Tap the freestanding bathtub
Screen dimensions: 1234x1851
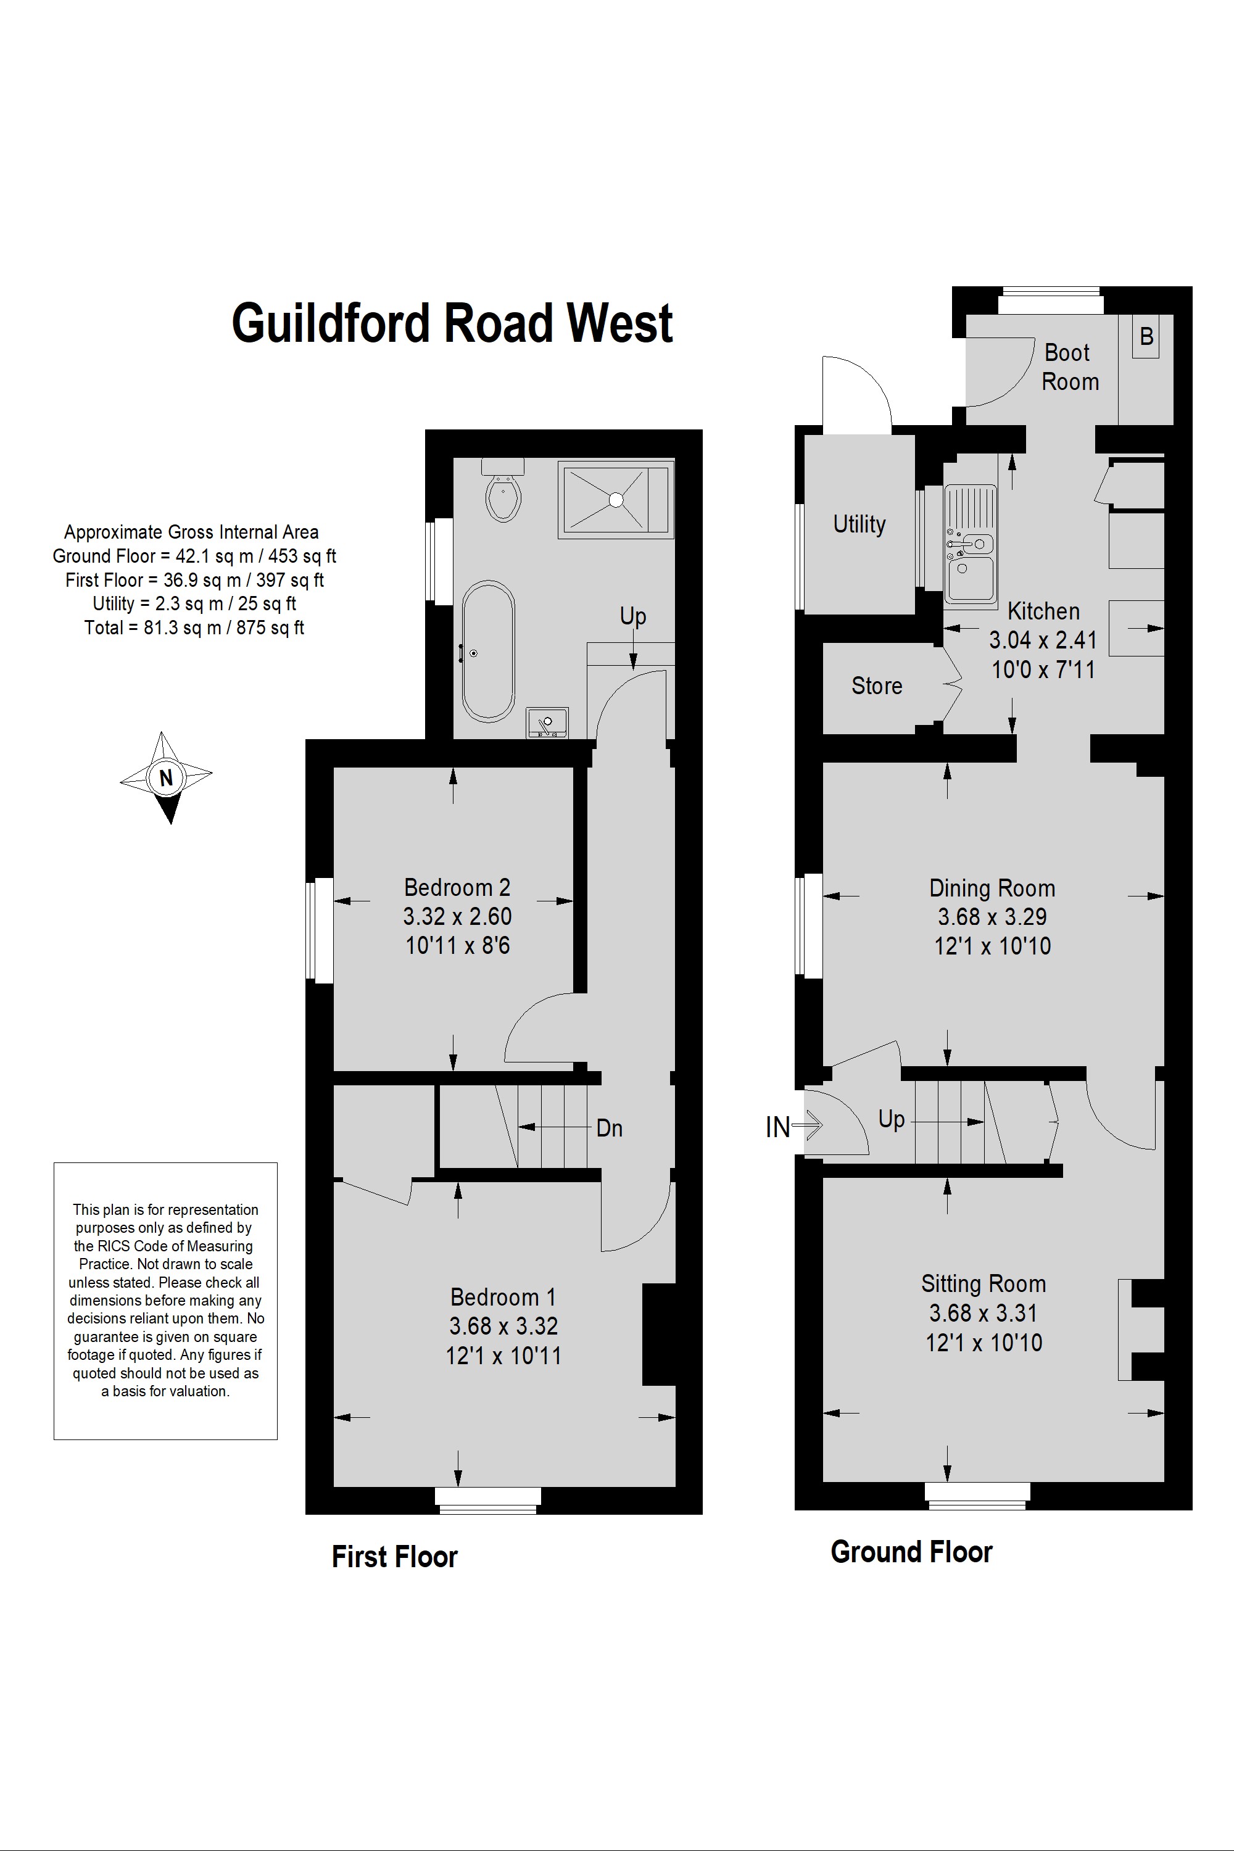click(x=488, y=651)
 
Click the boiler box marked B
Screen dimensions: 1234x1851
click(x=1146, y=337)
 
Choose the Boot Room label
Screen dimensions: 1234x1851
click(x=1069, y=366)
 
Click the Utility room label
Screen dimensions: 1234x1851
click(x=859, y=524)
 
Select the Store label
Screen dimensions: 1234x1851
click(x=877, y=685)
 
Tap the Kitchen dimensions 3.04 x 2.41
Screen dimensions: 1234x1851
click(x=1043, y=640)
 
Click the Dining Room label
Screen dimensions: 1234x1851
click(x=992, y=888)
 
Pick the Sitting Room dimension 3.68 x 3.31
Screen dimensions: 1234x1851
click(x=983, y=1313)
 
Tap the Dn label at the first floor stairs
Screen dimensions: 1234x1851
click(x=609, y=1128)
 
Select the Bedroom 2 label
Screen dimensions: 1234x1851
click(x=457, y=887)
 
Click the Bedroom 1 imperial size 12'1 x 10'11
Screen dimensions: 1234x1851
click(x=503, y=1355)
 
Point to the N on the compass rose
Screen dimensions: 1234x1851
click(x=166, y=777)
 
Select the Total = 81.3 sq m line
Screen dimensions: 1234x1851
click(x=194, y=628)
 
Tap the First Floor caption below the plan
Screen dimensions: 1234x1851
click(x=394, y=1556)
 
